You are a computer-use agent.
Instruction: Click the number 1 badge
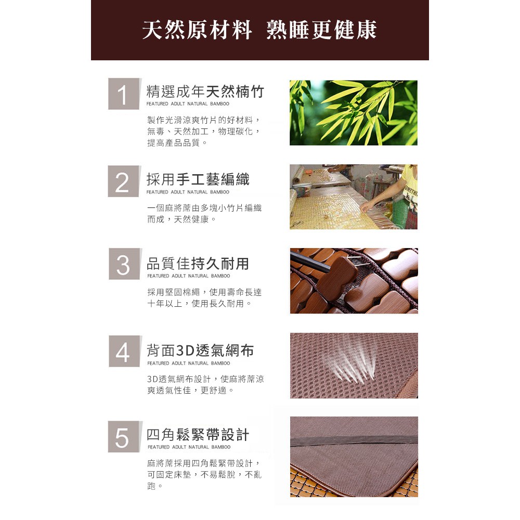point(124,94)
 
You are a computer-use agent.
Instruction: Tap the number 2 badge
point(124,181)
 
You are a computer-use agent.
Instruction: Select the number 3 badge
point(124,265)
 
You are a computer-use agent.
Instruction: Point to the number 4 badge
point(124,352)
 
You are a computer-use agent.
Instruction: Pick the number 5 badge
point(124,437)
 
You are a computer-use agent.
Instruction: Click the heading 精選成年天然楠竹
point(205,92)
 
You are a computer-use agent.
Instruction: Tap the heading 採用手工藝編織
point(198,179)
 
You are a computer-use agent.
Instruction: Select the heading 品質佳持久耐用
point(198,263)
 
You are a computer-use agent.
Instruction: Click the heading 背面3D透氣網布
point(201,350)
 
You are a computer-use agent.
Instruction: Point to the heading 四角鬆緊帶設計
point(198,435)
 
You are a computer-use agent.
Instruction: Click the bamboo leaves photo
point(354,113)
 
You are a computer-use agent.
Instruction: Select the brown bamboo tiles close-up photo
point(354,281)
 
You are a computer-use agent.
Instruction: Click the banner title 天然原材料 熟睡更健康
point(259,30)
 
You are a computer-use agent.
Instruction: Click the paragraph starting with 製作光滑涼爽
point(203,131)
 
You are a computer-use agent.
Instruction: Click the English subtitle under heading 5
point(189,447)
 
